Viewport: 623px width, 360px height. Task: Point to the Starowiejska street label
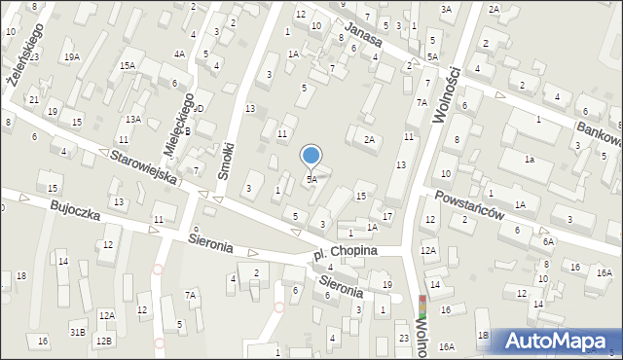[x=142, y=166]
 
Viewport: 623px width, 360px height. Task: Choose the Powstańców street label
[x=470, y=206]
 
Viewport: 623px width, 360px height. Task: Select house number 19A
[x=72, y=57]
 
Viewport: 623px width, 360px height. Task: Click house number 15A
[x=127, y=66]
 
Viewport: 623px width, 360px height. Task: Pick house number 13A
[x=132, y=119]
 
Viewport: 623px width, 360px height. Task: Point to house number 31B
[x=77, y=333]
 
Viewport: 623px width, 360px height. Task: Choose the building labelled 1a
[x=530, y=159]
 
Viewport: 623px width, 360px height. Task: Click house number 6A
[x=548, y=241]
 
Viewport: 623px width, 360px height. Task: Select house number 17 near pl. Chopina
[x=387, y=216]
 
